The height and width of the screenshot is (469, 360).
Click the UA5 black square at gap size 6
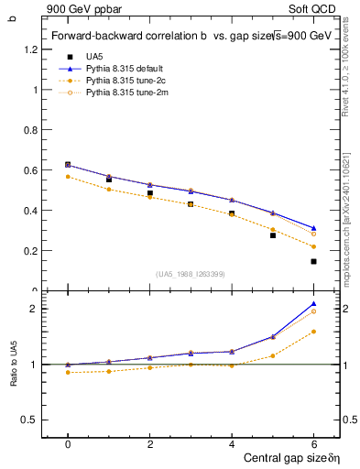(x=313, y=261)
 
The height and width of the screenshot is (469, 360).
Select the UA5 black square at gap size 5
(x=272, y=235)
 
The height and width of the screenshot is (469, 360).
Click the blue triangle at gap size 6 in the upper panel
(x=313, y=228)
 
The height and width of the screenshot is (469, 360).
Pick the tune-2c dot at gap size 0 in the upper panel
(x=68, y=177)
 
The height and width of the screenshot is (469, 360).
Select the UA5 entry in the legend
(x=94, y=57)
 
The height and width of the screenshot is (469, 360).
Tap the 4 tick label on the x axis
(x=232, y=444)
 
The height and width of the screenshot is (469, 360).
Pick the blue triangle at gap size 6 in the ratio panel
(x=313, y=303)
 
